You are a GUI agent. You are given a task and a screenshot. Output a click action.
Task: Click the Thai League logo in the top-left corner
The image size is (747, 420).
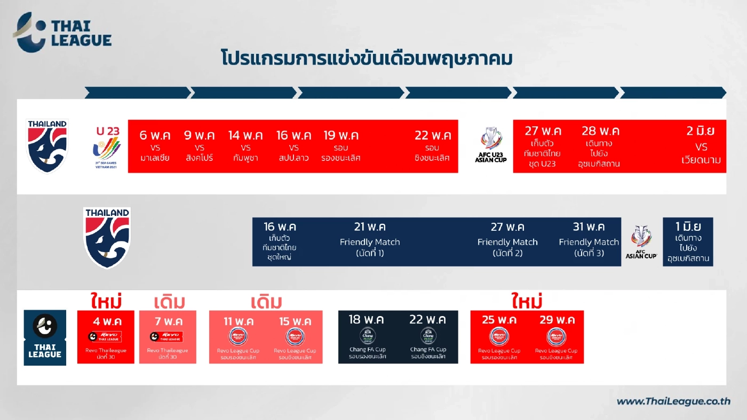[62, 33]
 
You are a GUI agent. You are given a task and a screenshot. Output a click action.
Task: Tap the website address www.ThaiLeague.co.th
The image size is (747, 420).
[673, 401]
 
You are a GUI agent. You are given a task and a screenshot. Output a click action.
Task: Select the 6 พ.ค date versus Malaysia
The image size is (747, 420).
[155, 135]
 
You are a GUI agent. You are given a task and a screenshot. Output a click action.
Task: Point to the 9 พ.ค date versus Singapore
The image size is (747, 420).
[199, 135]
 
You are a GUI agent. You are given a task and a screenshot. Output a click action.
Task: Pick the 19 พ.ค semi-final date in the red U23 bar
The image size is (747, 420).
[341, 135]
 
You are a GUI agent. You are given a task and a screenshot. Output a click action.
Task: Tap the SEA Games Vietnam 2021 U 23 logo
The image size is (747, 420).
[108, 147]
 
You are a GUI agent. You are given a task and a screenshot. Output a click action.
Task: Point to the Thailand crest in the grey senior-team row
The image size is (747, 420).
[107, 237]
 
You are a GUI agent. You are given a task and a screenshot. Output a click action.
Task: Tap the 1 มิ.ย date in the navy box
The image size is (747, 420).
[688, 225]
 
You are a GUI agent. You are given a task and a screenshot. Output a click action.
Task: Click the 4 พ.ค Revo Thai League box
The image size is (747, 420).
[106, 337]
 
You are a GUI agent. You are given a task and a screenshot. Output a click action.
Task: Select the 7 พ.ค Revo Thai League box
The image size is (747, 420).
[168, 337]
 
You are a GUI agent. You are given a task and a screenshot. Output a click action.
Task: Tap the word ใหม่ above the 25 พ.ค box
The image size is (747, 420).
[527, 301]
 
